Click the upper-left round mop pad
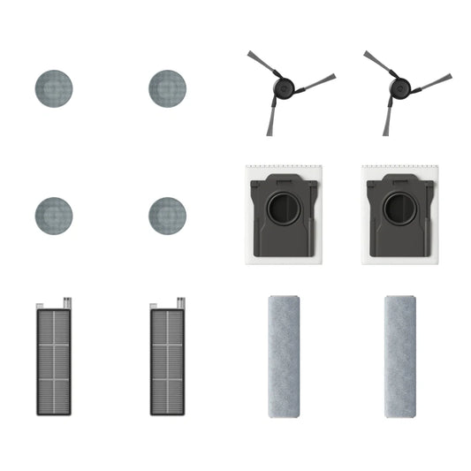coord(53,88)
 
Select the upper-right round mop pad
coord(168,88)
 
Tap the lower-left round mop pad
coord(53,214)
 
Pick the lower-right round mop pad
coord(168,214)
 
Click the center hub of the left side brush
coord(282,89)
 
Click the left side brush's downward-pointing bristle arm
coord(270,122)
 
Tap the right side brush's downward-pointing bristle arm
coord(386,122)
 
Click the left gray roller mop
coord(285,355)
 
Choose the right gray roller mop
coord(400,355)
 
